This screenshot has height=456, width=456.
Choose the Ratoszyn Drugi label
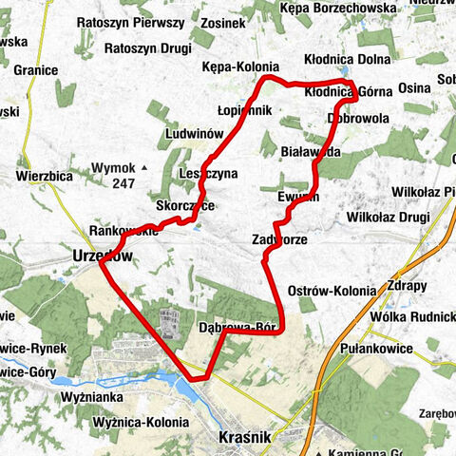[x=143, y=47]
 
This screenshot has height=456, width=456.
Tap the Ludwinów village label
[x=195, y=133]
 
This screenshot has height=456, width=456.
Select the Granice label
[x=36, y=69]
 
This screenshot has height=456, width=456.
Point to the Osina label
[x=415, y=87]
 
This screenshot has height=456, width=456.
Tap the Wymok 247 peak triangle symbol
[x=144, y=168]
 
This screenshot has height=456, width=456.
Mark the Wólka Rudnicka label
[x=413, y=316]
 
